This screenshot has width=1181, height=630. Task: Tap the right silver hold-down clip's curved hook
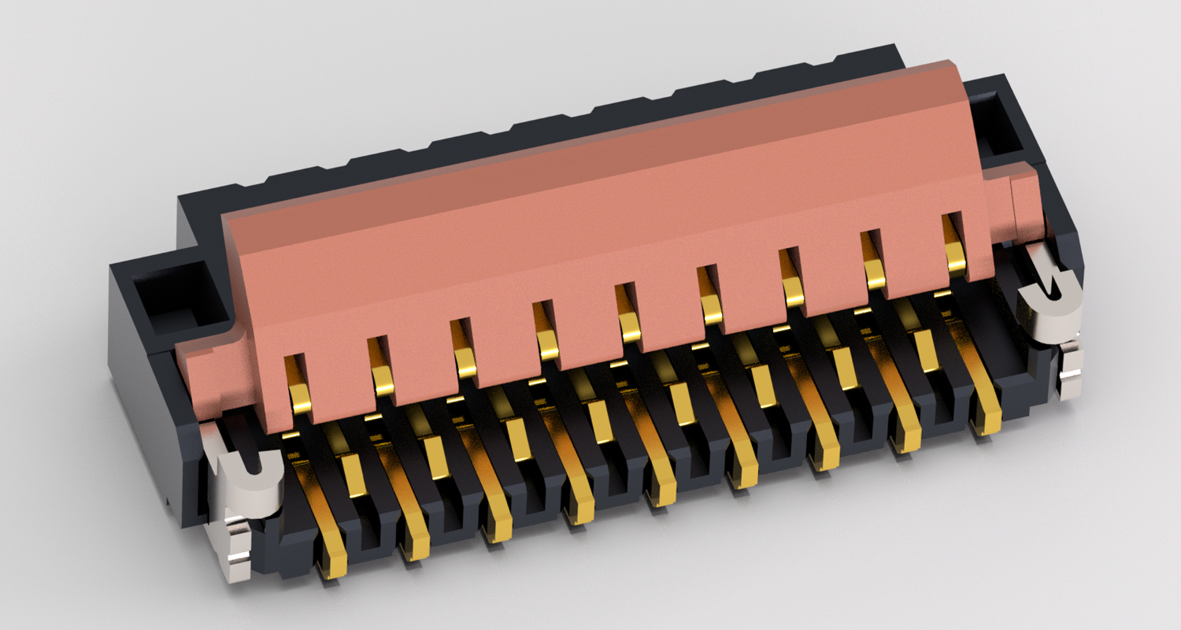[1047, 303]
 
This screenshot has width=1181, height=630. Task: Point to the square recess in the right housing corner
[1001, 122]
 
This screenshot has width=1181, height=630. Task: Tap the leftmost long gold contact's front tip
[334, 565]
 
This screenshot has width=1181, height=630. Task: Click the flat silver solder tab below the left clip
[235, 551]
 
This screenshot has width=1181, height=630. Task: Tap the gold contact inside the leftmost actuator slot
[299, 396]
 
